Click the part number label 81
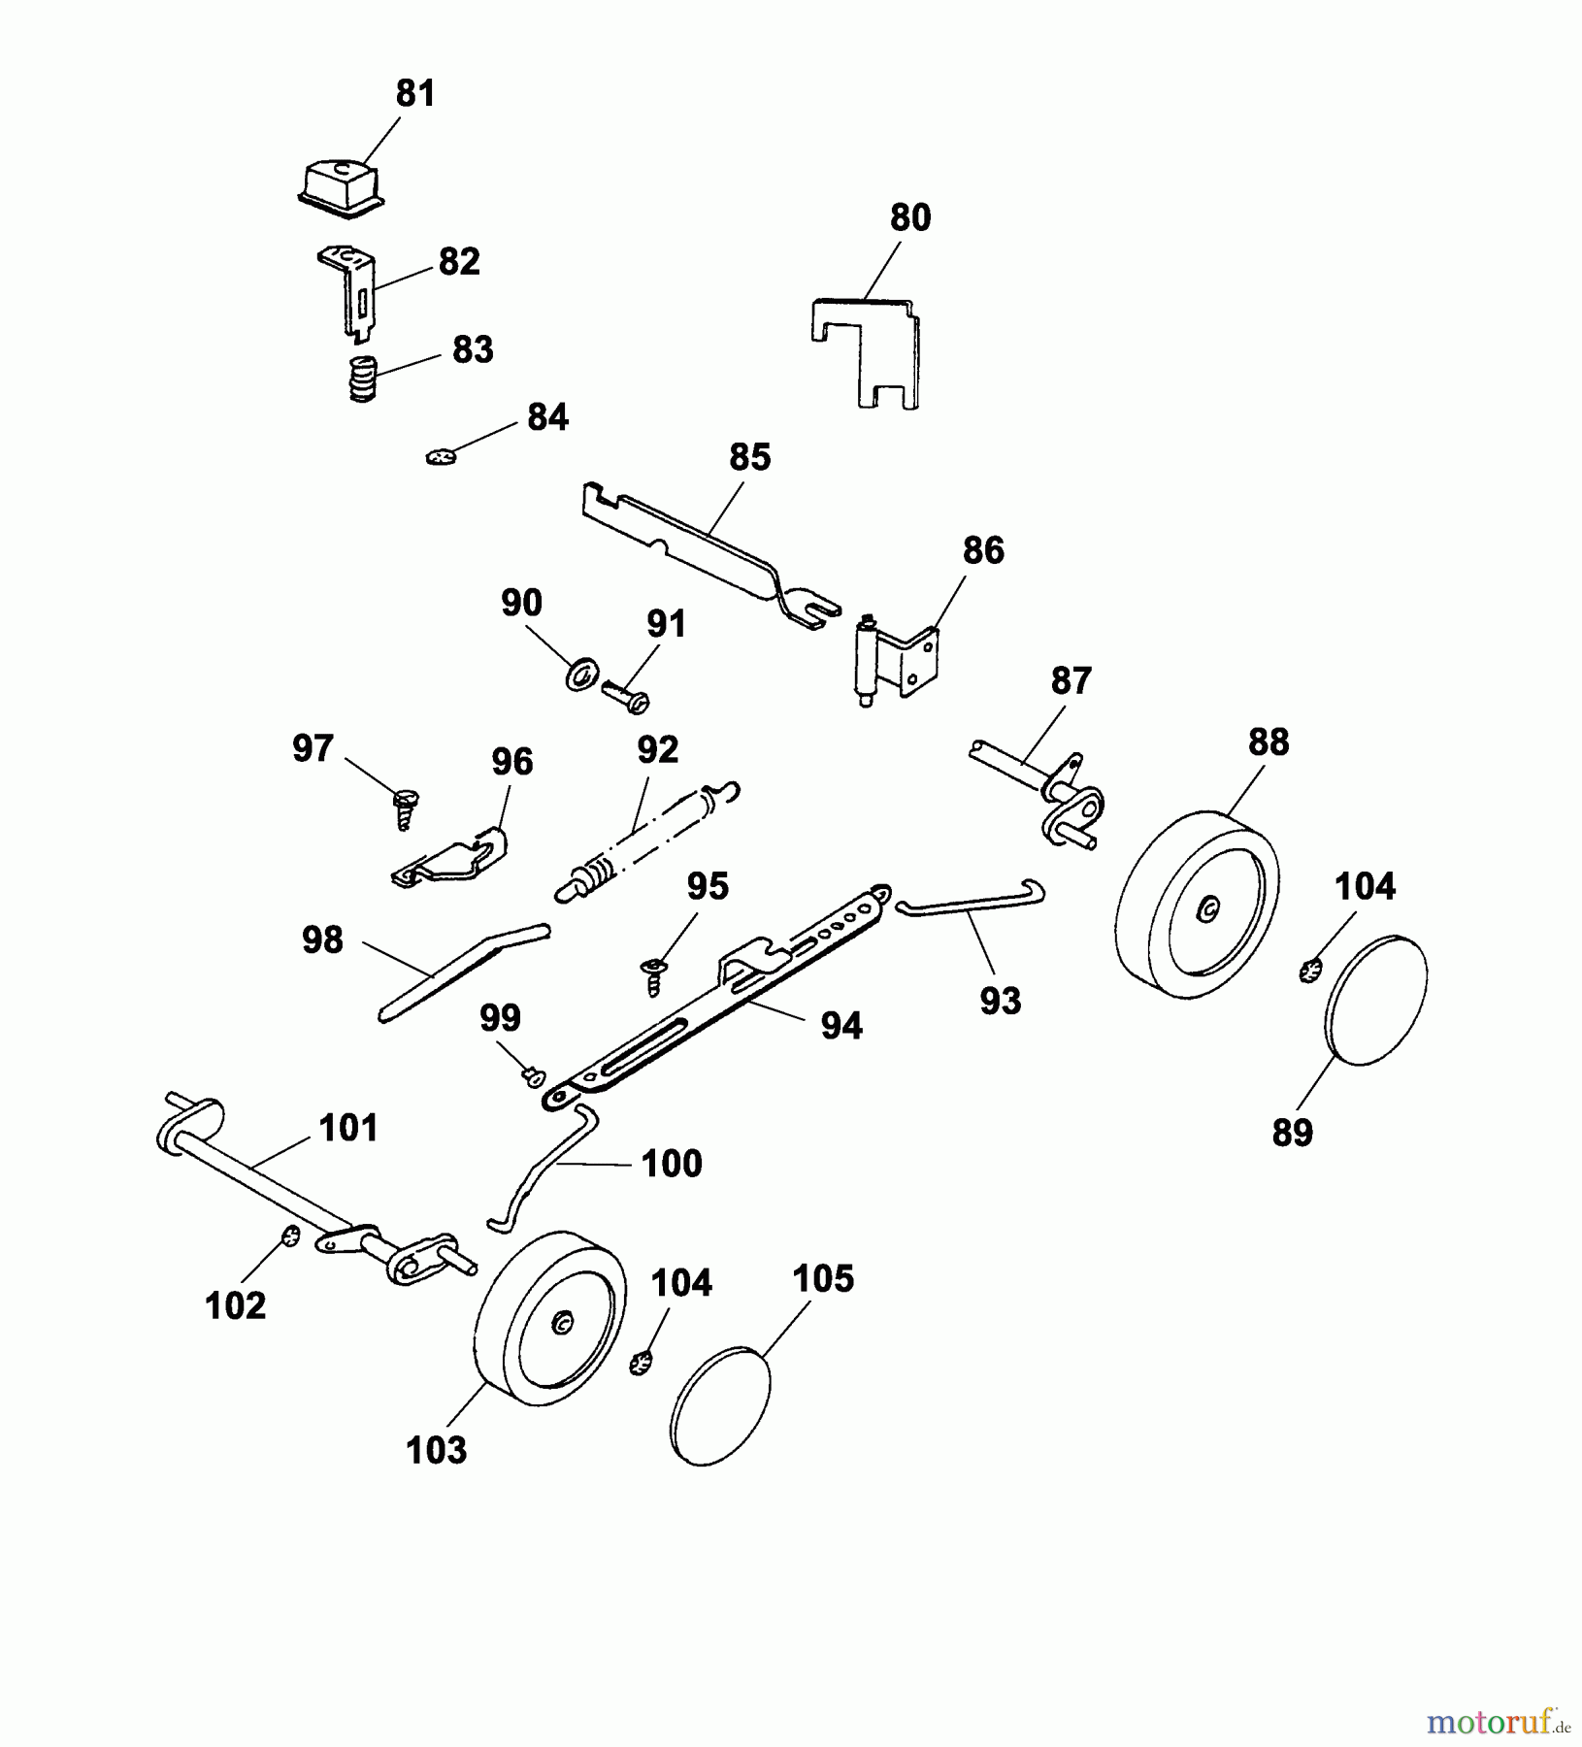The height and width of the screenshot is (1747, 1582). (415, 94)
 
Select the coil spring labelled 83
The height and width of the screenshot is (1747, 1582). (362, 379)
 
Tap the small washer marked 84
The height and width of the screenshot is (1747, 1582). (441, 454)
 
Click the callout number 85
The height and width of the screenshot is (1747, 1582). (749, 457)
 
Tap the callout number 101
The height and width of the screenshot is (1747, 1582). (348, 1129)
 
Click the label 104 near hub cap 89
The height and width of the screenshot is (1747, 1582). (1365, 886)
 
